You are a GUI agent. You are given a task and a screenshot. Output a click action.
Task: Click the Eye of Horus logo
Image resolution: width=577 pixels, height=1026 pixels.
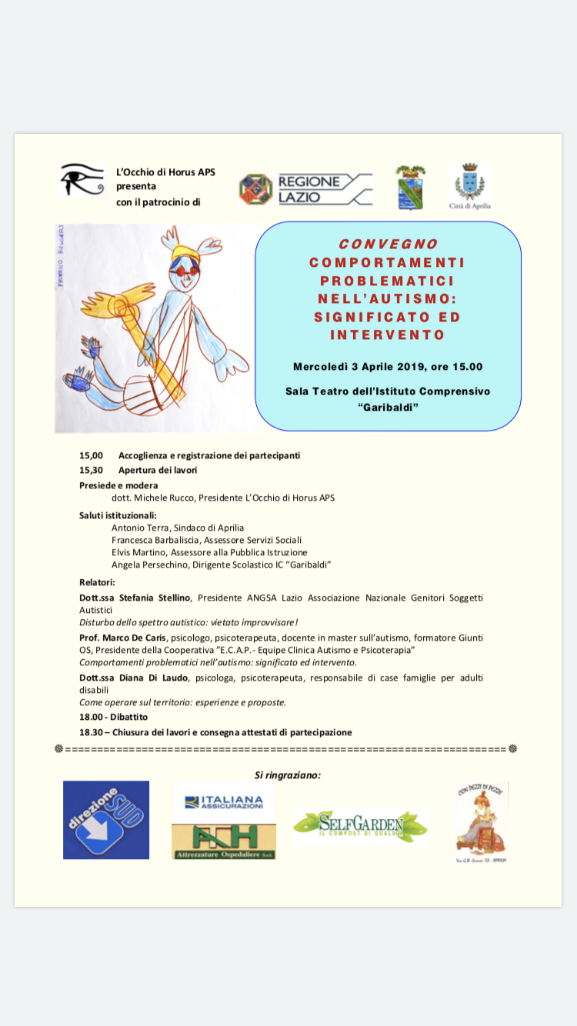pos(82,179)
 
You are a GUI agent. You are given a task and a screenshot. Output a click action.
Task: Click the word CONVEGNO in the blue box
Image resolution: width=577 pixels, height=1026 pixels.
pos(388,245)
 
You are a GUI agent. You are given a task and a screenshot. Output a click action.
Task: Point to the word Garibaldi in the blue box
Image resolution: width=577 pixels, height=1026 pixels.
pos(389,407)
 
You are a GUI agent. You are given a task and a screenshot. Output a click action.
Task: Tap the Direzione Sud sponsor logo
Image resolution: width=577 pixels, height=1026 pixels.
pos(106,820)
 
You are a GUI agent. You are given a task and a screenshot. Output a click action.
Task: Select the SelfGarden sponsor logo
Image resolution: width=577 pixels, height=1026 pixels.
pos(359,827)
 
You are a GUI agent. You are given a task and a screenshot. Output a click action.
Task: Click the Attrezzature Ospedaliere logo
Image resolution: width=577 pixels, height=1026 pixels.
pos(224,841)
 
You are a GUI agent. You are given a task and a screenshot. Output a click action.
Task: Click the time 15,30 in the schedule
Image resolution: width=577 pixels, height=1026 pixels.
pos(91,469)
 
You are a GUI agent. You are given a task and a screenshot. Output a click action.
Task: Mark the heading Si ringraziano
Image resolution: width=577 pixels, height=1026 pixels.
pos(288,774)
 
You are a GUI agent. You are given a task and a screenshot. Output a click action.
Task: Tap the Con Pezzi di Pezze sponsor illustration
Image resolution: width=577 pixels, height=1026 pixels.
pos(482,822)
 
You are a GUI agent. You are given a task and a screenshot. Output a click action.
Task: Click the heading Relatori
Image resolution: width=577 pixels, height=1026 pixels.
pos(97,582)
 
